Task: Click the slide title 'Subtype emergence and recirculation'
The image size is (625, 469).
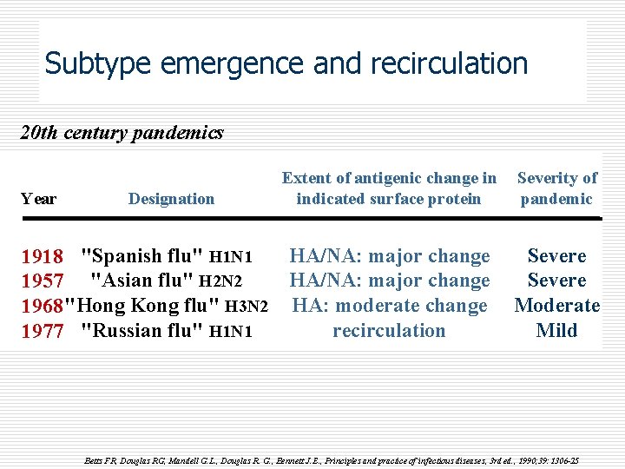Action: pyautogui.click(x=286, y=63)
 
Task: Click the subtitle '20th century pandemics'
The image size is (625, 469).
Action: pyautogui.click(x=122, y=133)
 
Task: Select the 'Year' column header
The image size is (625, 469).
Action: pyautogui.click(x=38, y=199)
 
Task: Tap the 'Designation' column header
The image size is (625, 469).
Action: pyautogui.click(x=171, y=199)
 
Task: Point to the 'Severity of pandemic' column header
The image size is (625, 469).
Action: pyautogui.click(x=556, y=188)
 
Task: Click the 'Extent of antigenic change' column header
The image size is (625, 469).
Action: pyautogui.click(x=389, y=188)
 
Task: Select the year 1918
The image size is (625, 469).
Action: pyautogui.click(x=42, y=257)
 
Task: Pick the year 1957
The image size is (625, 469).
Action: pyautogui.click(x=42, y=281)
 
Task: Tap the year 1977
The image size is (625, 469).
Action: pyautogui.click(x=42, y=331)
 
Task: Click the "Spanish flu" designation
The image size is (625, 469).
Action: pyautogui.click(x=142, y=256)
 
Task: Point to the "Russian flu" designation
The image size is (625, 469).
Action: pyautogui.click(x=142, y=330)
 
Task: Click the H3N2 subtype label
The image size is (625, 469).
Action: pyautogui.click(x=246, y=307)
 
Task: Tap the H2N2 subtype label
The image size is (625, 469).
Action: pyautogui.click(x=220, y=281)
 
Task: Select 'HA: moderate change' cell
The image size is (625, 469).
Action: pyautogui.click(x=390, y=306)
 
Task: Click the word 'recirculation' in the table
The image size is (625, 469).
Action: pyautogui.click(x=389, y=330)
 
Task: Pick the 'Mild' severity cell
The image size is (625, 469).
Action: pyautogui.click(x=556, y=330)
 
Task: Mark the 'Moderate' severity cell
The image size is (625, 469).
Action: pyautogui.click(x=556, y=306)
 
